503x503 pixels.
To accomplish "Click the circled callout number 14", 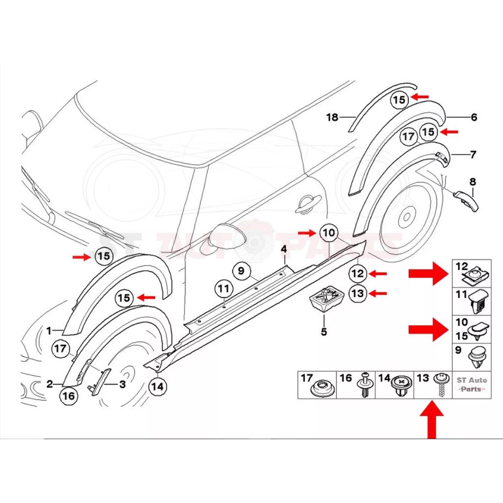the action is [x=158, y=386].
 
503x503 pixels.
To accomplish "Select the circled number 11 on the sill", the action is [x=224, y=289].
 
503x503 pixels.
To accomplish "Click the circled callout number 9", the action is [x=241, y=271].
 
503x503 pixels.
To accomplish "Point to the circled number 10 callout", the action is [x=329, y=232].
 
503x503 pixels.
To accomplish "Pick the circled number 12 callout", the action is [x=358, y=273].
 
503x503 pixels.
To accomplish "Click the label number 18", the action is [x=333, y=117].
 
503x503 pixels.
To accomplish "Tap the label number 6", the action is [x=474, y=117].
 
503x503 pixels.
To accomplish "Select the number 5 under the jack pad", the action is [x=324, y=332].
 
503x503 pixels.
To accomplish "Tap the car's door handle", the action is [x=307, y=204].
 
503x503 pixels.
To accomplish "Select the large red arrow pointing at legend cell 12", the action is [x=428, y=273].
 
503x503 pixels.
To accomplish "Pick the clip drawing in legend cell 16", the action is [x=365, y=385].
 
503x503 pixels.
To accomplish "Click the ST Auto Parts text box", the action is [x=472, y=384].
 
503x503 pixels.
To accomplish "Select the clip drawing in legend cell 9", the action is [x=478, y=358].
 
